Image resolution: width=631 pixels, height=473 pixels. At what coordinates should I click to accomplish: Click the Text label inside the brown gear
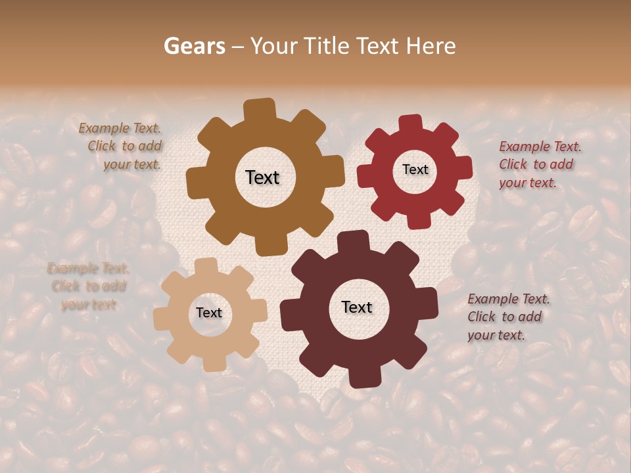point(262,177)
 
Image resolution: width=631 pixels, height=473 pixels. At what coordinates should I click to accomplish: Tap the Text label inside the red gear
point(415,169)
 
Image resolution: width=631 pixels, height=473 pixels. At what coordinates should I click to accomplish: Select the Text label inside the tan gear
point(209,313)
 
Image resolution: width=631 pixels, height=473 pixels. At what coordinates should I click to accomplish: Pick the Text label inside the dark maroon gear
point(357,307)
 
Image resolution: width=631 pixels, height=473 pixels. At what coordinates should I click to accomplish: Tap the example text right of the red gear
point(539,164)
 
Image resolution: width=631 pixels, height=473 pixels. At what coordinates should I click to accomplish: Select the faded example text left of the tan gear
point(88,286)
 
